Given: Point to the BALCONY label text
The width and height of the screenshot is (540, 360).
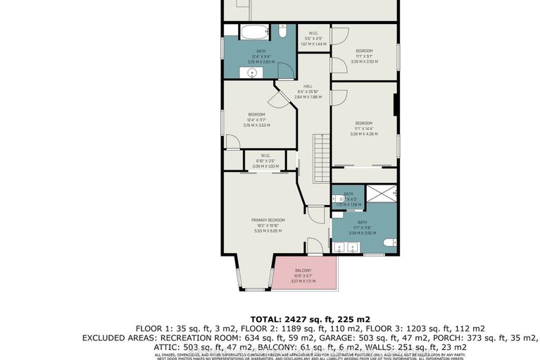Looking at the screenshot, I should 303,271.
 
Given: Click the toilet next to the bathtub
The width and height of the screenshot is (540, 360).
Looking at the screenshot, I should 281,32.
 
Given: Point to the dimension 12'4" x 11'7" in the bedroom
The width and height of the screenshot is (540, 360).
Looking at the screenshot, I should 256,120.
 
